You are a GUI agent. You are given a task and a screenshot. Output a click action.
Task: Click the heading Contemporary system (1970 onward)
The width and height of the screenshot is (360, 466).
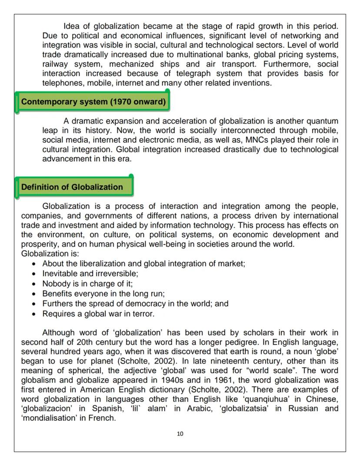click(93, 102)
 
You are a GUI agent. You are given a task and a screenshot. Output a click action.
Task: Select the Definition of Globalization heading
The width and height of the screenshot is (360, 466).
click(72, 187)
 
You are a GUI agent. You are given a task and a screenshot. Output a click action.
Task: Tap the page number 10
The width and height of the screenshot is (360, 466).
click(180, 433)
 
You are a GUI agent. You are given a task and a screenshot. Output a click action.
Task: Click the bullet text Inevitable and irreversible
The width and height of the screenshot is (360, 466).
click(90, 274)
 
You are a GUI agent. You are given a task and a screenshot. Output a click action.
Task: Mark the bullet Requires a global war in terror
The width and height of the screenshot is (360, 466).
click(98, 313)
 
